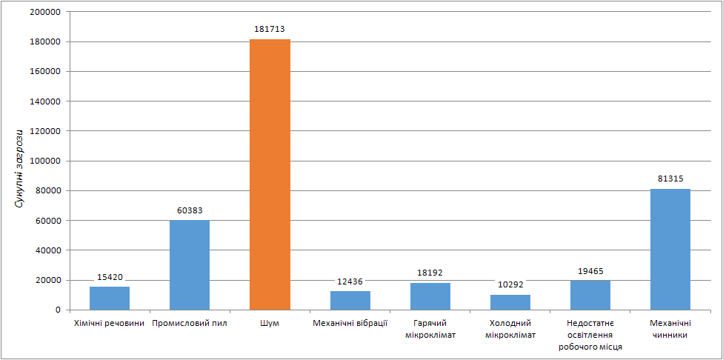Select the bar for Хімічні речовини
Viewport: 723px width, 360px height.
[110, 298]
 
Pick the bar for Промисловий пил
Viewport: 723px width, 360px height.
[190, 264]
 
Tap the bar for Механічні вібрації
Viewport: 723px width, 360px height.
[350, 300]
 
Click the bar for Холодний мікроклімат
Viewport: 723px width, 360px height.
[510, 301]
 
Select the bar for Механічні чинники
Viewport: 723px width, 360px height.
[670, 249]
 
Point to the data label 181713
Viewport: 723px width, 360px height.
[270, 29]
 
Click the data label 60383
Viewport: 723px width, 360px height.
[190, 210]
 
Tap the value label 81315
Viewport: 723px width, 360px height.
[670, 179]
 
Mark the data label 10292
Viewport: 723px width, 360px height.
[510, 284]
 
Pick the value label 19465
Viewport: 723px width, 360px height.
[590, 271]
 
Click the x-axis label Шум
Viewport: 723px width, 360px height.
[270, 323]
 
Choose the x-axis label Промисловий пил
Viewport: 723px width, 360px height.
[190, 323]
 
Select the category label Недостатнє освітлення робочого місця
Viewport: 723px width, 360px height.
[590, 335]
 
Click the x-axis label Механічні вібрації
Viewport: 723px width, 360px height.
[350, 323]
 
